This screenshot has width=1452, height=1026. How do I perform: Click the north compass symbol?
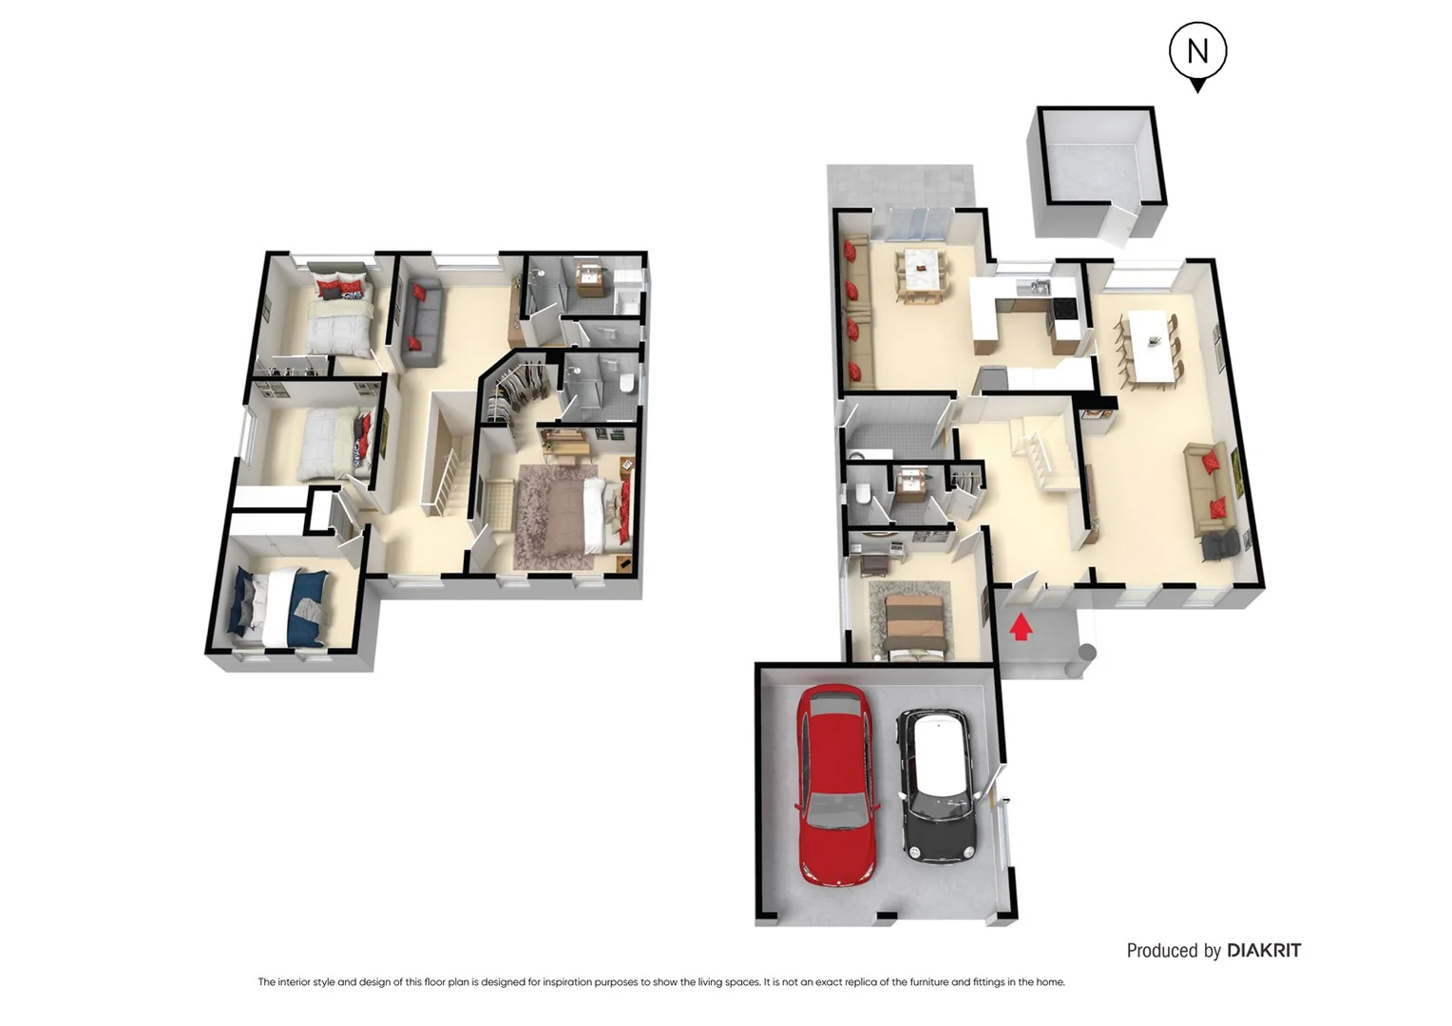pyautogui.click(x=1197, y=53)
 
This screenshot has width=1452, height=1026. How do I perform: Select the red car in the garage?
pyautogui.click(x=834, y=785)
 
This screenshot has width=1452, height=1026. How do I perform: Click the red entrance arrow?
pyautogui.click(x=1021, y=627)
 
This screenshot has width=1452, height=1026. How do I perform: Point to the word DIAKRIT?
pyautogui.click(x=1263, y=950)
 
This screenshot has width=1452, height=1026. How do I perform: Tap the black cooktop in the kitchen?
pyautogui.click(x=1065, y=309)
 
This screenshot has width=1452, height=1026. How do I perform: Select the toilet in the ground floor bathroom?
pyautogui.click(x=863, y=495)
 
